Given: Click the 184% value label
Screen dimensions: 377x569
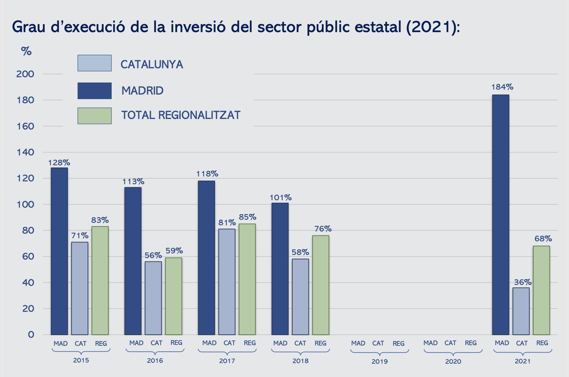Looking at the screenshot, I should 502,87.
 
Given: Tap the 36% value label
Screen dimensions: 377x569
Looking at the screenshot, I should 523,282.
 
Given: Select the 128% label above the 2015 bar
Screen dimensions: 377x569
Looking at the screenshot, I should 59,163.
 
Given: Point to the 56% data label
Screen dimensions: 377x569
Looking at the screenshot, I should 153,255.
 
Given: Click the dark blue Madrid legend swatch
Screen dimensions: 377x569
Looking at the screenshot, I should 94,91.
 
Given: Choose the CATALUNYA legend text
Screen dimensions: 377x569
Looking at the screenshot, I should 152,64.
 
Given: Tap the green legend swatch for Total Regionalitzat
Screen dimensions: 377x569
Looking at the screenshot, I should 94,116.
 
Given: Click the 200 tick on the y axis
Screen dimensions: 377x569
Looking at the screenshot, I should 25,74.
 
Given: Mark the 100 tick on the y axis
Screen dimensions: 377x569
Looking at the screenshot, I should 25,205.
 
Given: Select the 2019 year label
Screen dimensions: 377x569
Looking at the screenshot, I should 380,361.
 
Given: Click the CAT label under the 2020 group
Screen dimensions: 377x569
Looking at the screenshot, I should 451,343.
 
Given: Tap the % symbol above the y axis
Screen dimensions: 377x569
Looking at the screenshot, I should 26,51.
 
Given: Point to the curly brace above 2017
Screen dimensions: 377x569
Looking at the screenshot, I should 227,351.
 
